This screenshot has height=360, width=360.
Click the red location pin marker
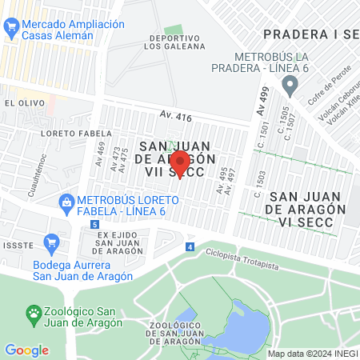pos(180,163)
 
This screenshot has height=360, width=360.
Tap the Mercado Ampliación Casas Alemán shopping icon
pos(10,30)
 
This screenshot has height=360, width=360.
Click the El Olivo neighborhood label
pos(20,103)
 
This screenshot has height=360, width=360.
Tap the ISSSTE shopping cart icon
pos(53,241)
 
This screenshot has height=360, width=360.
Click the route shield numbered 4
pos(190,247)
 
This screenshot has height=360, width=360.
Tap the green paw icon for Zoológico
pos(34,311)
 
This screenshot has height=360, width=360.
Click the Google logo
pos(26,350)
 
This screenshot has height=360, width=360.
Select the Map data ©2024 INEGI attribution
pos(312,353)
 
